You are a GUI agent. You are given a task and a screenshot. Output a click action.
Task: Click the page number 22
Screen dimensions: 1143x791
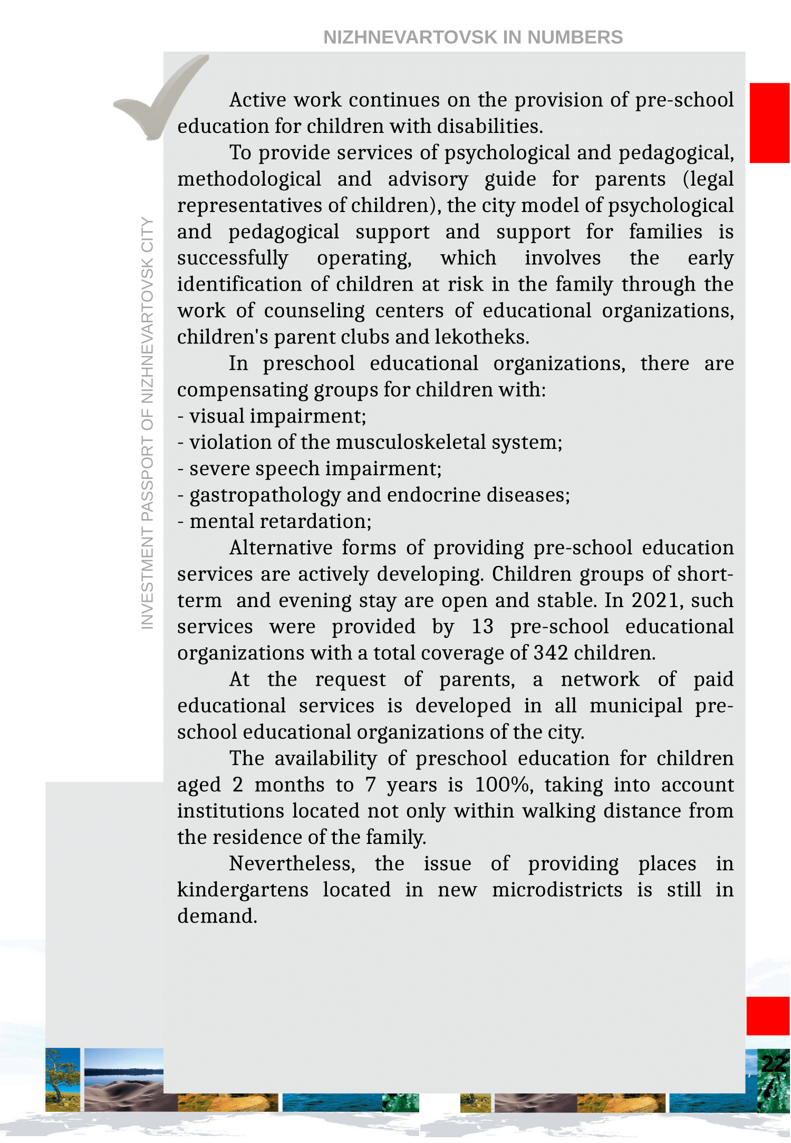[774, 1063]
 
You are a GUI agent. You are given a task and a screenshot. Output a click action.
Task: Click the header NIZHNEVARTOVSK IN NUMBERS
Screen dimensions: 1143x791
[473, 37]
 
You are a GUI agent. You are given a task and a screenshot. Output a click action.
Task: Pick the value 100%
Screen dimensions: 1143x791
[502, 785]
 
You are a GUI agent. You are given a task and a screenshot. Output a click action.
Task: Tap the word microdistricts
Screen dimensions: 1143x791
[557, 890]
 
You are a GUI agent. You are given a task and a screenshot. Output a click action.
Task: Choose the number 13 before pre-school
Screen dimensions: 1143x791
[482, 627]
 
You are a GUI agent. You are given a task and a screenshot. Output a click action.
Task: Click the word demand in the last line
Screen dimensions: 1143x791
[216, 916]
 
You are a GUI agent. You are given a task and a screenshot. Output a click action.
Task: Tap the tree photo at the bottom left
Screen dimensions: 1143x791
[63, 1079]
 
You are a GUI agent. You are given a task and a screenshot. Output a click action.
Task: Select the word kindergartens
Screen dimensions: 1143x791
[243, 890]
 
